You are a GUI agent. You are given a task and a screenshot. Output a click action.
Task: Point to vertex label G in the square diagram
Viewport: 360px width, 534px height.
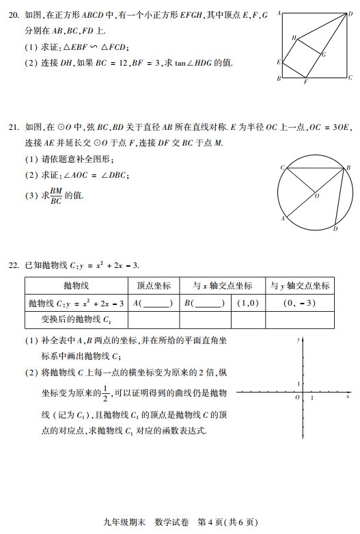point(323,53)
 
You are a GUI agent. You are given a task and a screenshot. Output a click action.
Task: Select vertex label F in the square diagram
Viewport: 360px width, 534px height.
point(305,83)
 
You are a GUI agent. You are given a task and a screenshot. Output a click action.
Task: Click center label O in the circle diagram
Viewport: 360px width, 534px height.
point(316,195)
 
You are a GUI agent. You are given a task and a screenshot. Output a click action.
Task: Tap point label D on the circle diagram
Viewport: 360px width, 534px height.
point(335,229)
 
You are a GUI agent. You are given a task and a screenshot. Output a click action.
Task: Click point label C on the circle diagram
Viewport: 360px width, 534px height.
point(281,168)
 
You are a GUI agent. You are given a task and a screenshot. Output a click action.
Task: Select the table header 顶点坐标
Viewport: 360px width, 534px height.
point(154,286)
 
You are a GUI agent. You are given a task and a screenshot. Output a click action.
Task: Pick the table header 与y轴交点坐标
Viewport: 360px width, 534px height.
point(299,286)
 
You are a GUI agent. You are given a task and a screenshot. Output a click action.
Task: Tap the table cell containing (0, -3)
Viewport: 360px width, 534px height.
point(299,303)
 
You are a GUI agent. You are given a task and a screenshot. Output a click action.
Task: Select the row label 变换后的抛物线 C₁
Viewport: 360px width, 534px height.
point(76,319)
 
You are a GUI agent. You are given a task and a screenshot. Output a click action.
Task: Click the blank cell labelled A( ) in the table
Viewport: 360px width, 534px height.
point(153,303)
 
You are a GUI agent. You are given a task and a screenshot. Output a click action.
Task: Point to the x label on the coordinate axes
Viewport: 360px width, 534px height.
point(348,397)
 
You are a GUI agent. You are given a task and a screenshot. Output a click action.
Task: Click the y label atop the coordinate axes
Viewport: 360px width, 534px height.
point(299,339)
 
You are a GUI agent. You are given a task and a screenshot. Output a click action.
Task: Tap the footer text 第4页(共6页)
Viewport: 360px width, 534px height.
point(228,522)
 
